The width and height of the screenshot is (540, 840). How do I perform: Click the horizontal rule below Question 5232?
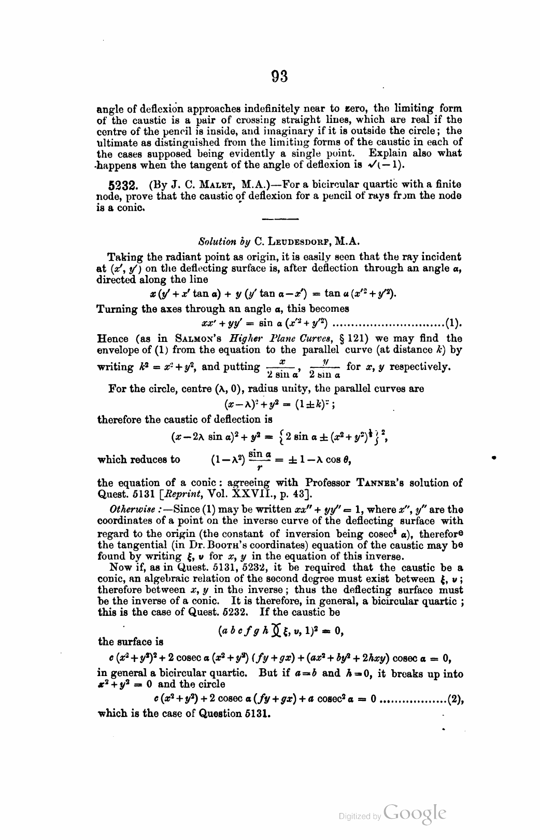tap(280, 218)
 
